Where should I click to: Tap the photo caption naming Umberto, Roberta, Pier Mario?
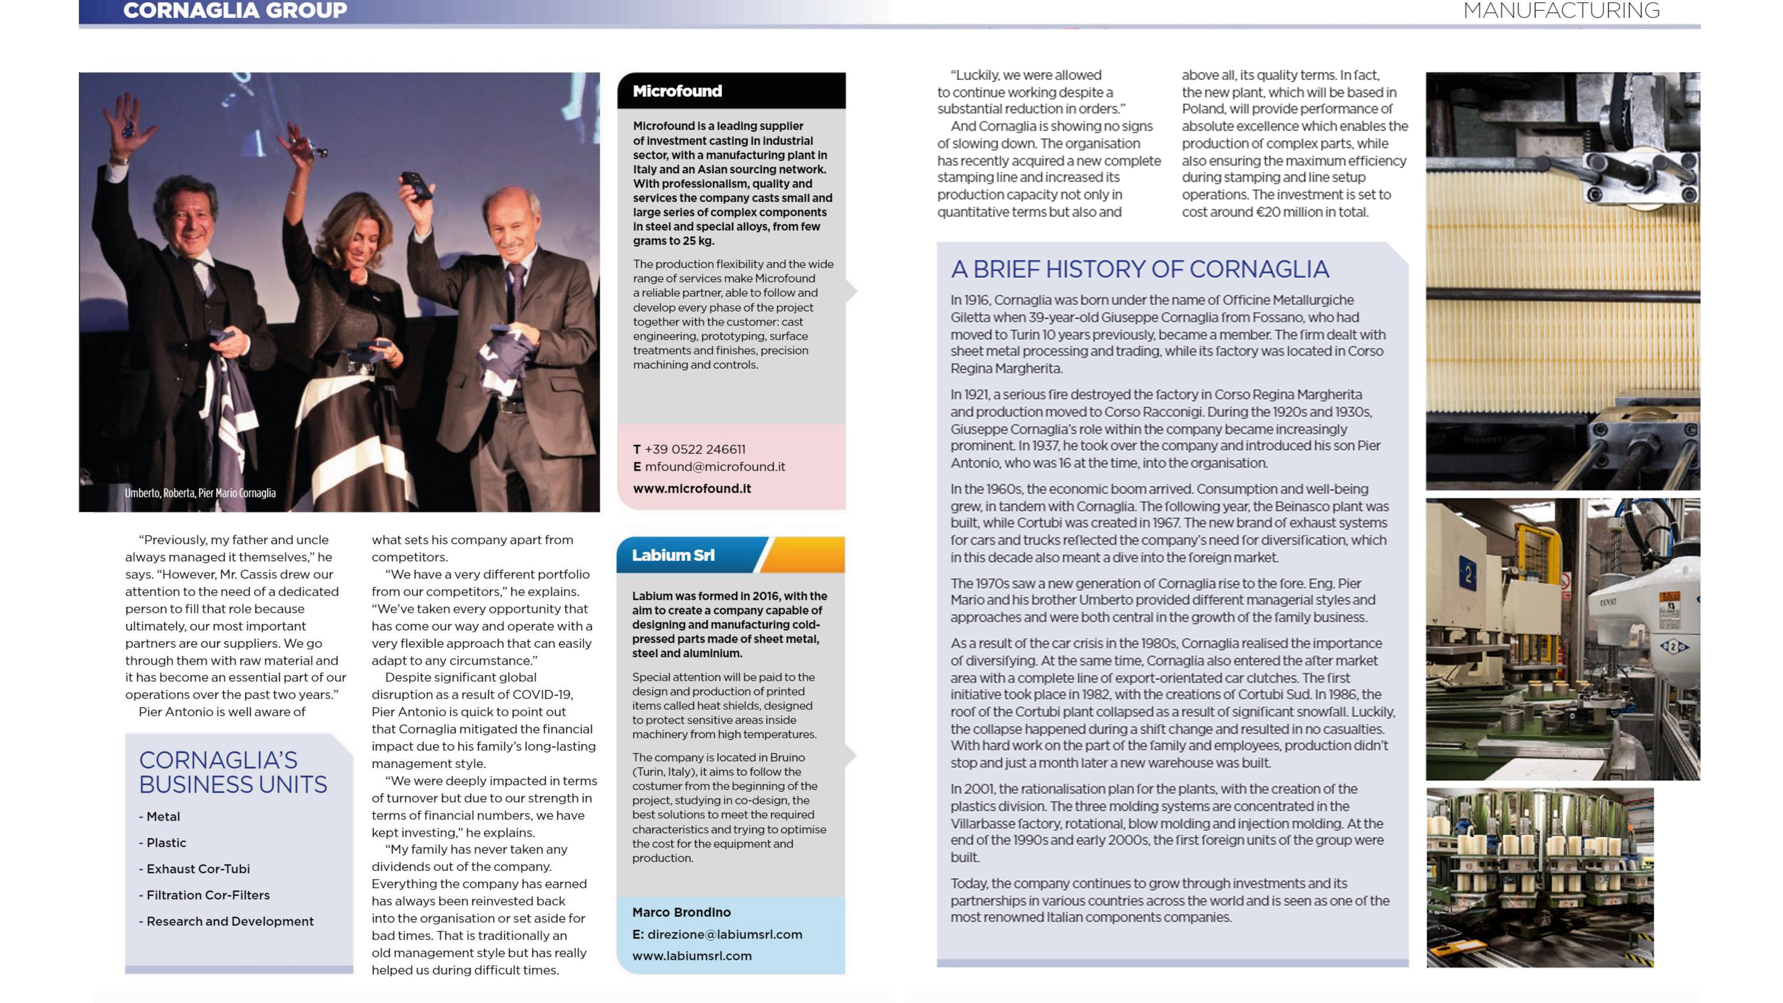[x=200, y=493]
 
